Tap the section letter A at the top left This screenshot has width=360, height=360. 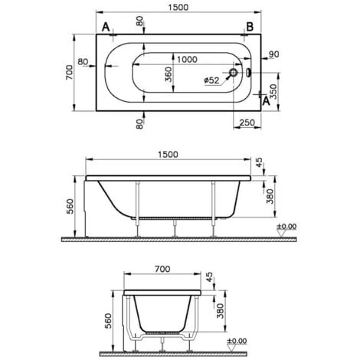tap(103, 28)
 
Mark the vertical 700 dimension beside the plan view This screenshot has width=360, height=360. tap(68, 73)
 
